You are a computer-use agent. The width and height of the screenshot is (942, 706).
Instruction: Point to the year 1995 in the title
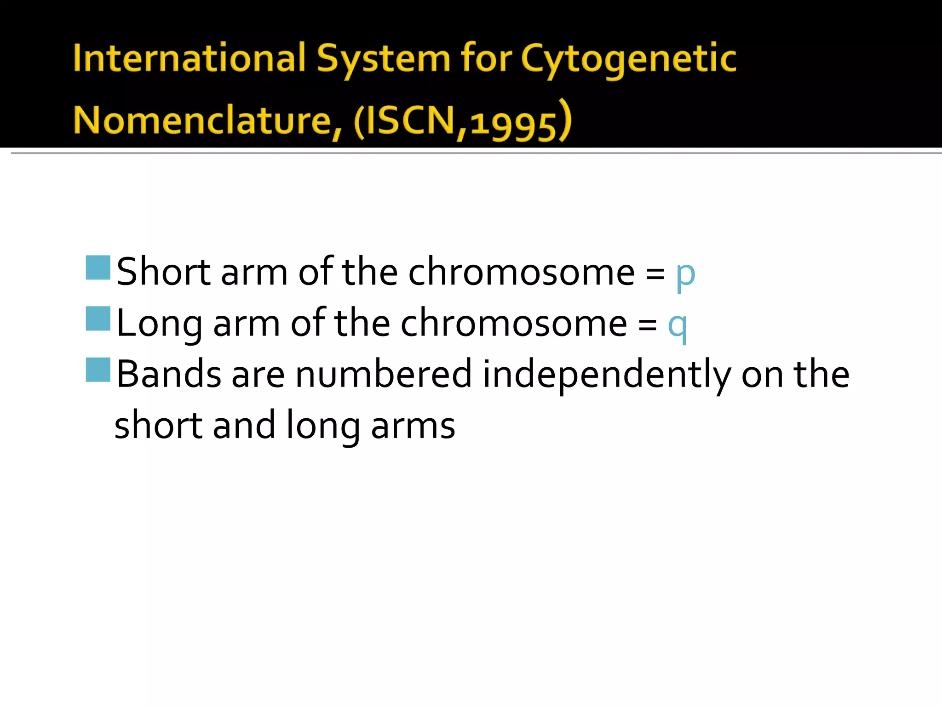[x=514, y=124]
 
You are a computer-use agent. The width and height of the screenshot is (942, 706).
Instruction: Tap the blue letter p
[x=685, y=274]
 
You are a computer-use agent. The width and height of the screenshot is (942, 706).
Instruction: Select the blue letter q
[x=678, y=325]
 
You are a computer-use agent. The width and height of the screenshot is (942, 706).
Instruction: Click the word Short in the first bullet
[x=163, y=272]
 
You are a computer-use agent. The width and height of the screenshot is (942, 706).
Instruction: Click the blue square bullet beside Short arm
[x=98, y=268]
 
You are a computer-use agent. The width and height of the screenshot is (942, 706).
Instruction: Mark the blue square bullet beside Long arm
[x=98, y=319]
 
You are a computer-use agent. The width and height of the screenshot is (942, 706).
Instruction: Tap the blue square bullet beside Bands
[x=98, y=370]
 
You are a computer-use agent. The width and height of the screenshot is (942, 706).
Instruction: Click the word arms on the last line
[x=413, y=426]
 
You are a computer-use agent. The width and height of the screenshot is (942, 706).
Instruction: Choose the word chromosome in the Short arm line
[x=522, y=272]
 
